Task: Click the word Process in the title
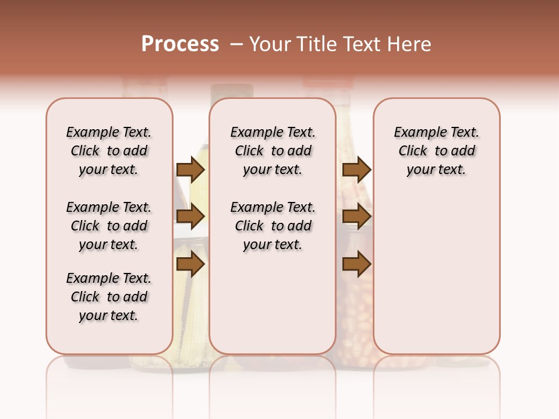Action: [x=180, y=44]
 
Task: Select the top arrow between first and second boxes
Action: [x=190, y=169]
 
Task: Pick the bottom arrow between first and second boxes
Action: [x=190, y=265]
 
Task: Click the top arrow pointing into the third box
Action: [x=356, y=169]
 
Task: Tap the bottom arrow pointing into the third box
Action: [x=356, y=265]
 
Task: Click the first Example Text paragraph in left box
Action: [x=109, y=151]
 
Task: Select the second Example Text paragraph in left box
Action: [x=109, y=226]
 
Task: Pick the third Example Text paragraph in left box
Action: [x=109, y=297]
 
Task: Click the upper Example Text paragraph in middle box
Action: [x=273, y=151]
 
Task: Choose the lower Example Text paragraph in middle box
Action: [x=273, y=226]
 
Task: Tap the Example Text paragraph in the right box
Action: [x=436, y=151]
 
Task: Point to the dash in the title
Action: [x=236, y=44]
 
